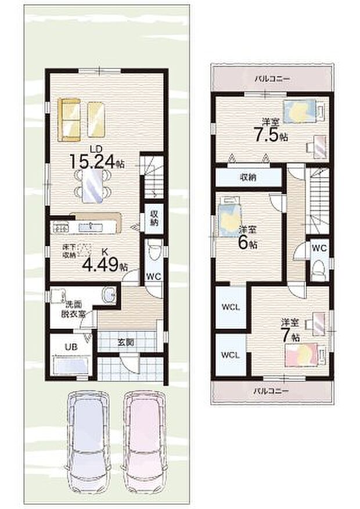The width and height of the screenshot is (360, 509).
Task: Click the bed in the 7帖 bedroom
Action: pos(301,354)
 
